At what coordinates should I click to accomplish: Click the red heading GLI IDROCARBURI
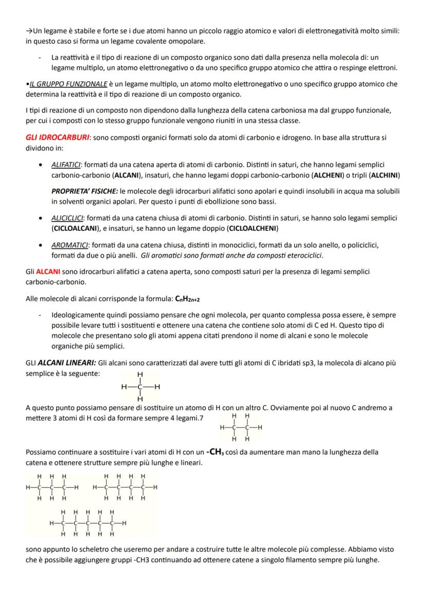coord(57,138)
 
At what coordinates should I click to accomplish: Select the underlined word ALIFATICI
coord(66,165)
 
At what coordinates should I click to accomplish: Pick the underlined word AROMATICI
coord(69,244)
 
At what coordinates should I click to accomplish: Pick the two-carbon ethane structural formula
coord(240,427)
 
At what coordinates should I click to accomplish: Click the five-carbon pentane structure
coord(87,523)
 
